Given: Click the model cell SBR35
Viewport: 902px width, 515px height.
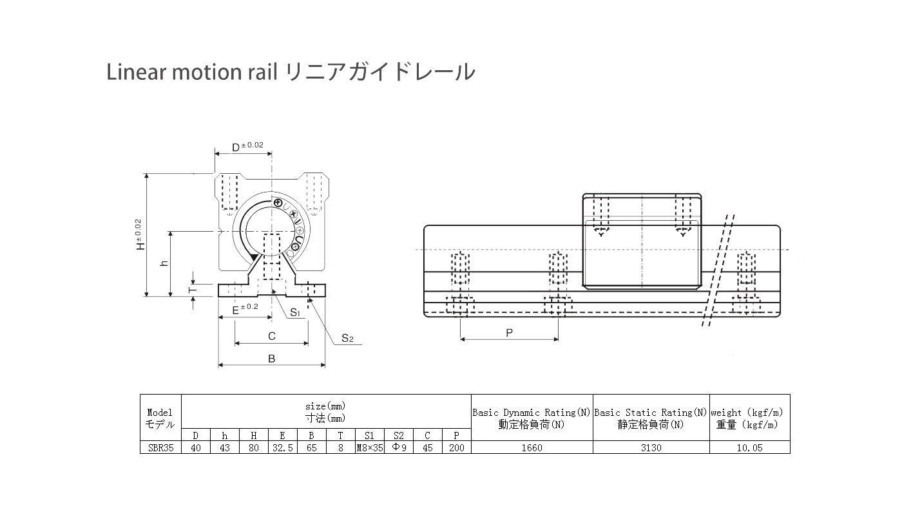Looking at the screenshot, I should point(160,447).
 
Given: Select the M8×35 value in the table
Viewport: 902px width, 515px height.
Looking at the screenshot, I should point(369,447).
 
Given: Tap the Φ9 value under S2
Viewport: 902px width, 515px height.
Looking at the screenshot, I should point(399,447).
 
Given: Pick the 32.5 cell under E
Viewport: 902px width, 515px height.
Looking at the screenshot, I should point(282,447).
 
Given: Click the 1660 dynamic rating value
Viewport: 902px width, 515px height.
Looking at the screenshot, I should point(532,447).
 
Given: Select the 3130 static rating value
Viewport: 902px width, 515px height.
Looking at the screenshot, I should point(651,447).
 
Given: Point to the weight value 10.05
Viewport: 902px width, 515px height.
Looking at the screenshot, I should point(749,447).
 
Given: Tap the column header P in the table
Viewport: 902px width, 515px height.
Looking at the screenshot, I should point(456,435).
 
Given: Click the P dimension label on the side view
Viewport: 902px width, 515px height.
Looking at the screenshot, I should point(509,333).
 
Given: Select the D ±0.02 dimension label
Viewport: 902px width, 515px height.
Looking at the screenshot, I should point(247,147).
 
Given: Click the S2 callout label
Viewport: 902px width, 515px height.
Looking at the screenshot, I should point(347,338).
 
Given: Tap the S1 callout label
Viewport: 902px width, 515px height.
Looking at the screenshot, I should point(295,313).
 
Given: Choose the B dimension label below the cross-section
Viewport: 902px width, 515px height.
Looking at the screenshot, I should point(271,359).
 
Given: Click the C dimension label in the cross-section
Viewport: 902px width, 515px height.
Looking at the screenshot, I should point(271,336).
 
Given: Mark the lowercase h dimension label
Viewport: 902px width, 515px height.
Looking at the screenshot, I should point(164,263).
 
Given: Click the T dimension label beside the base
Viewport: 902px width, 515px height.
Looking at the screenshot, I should point(191,290).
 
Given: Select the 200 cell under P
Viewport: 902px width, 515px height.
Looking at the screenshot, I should point(456,447).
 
